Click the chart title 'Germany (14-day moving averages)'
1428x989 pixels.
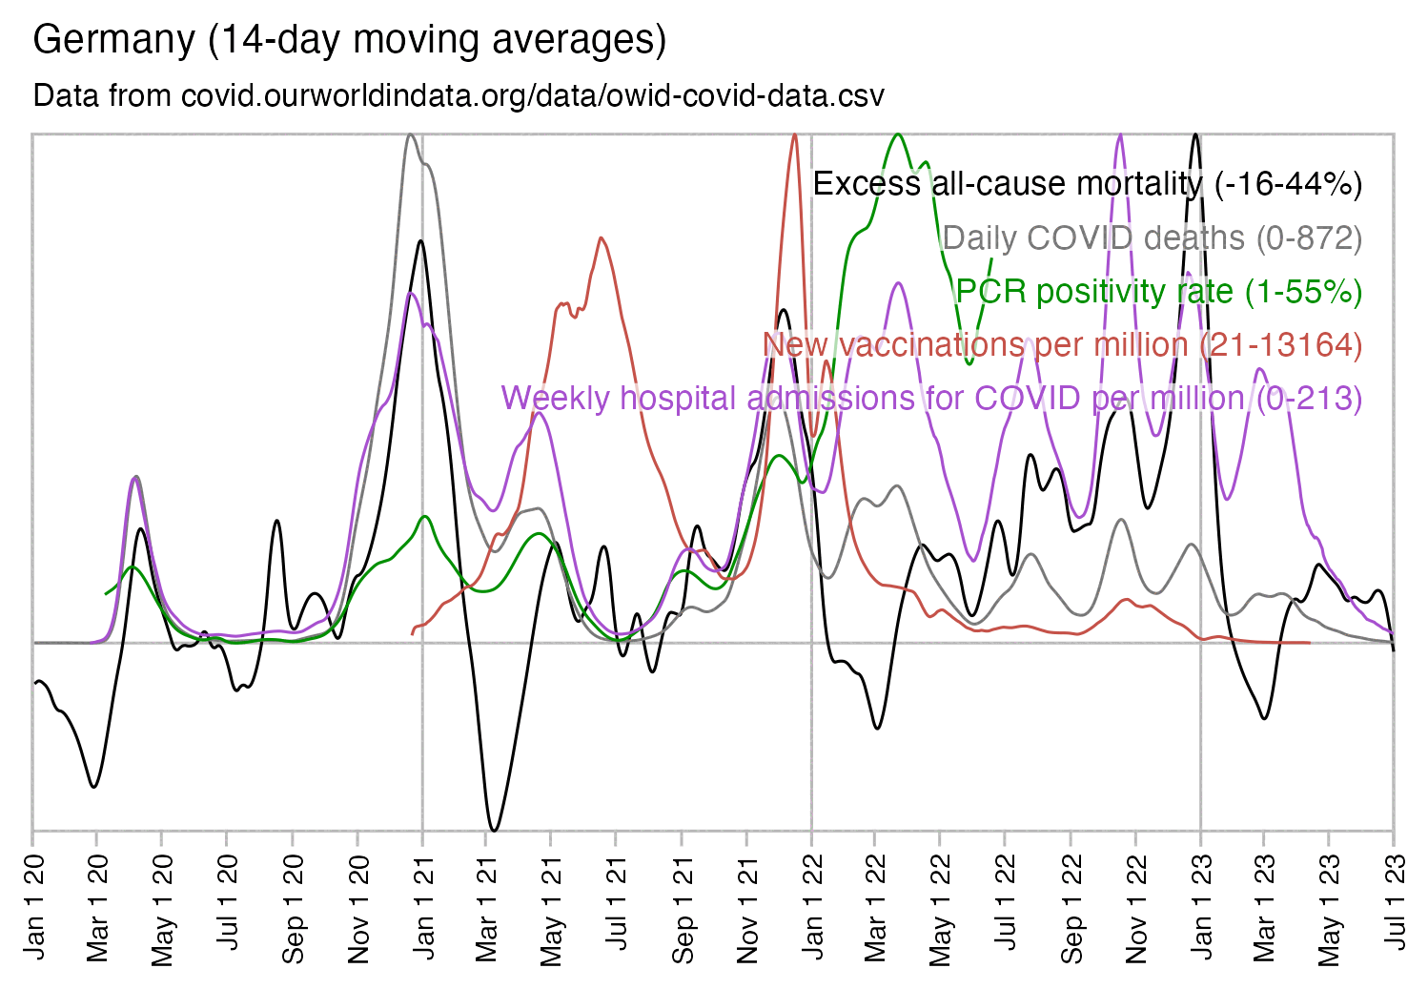(349, 40)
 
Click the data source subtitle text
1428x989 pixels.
(459, 95)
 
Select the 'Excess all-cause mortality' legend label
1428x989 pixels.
(1087, 183)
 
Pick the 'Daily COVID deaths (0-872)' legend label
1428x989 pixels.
(1152, 237)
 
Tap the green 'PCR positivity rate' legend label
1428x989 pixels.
(1158, 291)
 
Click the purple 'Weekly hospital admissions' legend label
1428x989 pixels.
(931, 398)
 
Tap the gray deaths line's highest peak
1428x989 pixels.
(410, 134)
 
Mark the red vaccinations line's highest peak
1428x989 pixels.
(794, 134)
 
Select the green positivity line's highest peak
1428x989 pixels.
(898, 134)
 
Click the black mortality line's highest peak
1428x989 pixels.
(1194, 134)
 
